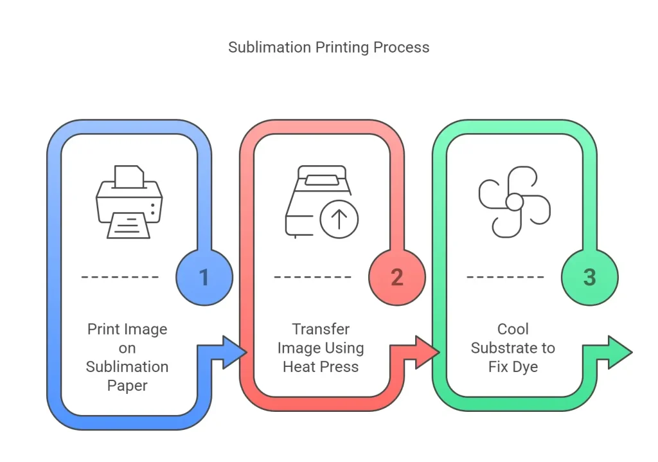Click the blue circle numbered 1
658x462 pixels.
click(204, 278)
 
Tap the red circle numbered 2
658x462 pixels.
click(396, 278)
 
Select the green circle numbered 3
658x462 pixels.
click(589, 278)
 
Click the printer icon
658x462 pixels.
click(129, 202)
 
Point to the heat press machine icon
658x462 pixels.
click(321, 202)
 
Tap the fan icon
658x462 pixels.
click(514, 202)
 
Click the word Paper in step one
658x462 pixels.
click(127, 386)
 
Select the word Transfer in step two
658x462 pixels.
click(321, 329)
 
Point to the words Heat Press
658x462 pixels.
click(321, 367)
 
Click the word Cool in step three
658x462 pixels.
click(513, 329)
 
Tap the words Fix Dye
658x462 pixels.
click(513, 367)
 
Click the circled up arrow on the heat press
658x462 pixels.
click(339, 220)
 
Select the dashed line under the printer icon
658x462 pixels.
click(120, 277)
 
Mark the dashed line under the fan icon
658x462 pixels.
click(506, 277)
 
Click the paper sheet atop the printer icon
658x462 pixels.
click(129, 175)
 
